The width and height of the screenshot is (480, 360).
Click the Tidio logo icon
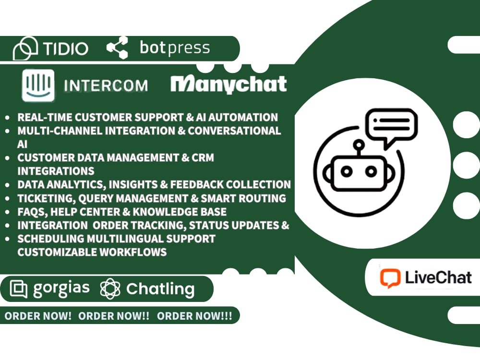click(25, 48)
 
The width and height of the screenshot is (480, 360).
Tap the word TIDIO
click(65, 48)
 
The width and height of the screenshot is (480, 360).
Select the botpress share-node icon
click(117, 48)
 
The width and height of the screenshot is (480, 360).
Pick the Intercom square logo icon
click(38, 85)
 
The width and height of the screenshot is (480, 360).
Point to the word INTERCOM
click(106, 86)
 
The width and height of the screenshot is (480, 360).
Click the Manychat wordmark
click(228, 84)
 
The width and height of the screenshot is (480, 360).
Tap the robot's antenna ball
click(359, 144)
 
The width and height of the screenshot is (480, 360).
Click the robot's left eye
click(347, 171)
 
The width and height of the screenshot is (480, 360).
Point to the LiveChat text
click(438, 277)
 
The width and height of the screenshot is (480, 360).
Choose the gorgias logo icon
click(19, 288)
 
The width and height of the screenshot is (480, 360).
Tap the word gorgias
click(61, 288)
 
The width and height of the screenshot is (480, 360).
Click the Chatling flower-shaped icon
click(110, 288)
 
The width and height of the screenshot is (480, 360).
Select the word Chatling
click(160, 289)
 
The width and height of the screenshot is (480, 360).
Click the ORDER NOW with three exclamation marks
click(194, 316)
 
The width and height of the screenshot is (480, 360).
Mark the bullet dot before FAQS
click(7, 212)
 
